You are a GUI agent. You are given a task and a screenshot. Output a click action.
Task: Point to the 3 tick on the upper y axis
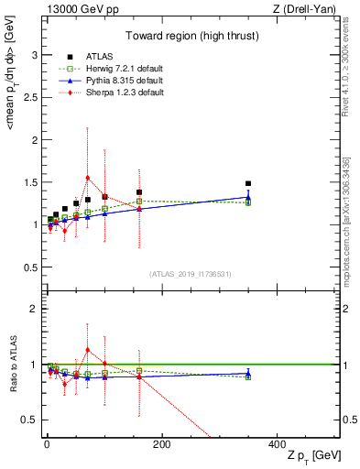[36, 55]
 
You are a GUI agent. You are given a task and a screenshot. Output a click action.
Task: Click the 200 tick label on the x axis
[161, 444]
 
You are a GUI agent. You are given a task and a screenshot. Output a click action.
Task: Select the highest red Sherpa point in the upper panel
[87, 178]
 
